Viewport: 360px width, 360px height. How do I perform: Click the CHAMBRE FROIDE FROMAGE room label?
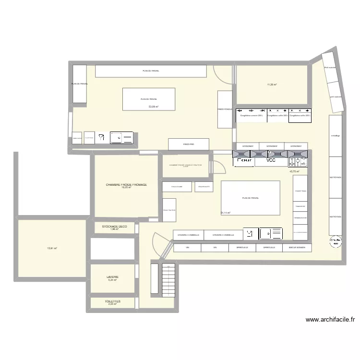pyautogui.click(x=126, y=185)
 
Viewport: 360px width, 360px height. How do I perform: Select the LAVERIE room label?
pyautogui.click(x=113, y=277)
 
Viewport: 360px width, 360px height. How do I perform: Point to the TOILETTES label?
pyautogui.click(x=113, y=301)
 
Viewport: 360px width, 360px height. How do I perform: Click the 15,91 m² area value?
pyautogui.click(x=52, y=248)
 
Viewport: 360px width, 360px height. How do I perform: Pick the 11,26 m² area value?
pyautogui.click(x=272, y=84)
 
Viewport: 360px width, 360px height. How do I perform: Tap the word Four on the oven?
pyautogui.click(x=245, y=161)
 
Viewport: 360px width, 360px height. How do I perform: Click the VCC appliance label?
pyautogui.click(x=271, y=161)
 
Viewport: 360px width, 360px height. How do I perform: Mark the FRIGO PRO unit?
pyautogui.click(x=188, y=144)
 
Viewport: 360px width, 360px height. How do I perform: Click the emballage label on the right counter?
pyautogui.click(x=335, y=136)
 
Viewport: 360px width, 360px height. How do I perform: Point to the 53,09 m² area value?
pyautogui.click(x=153, y=107)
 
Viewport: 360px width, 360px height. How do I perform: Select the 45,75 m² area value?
pyautogui.click(x=294, y=171)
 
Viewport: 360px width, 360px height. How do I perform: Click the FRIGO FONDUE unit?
pyautogui.click(x=225, y=109)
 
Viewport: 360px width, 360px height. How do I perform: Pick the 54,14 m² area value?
pyautogui.click(x=225, y=213)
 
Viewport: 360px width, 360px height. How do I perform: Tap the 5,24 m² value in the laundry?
pyautogui.click(x=113, y=280)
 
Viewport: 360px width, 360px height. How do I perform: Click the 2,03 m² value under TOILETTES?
pyautogui.click(x=113, y=304)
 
